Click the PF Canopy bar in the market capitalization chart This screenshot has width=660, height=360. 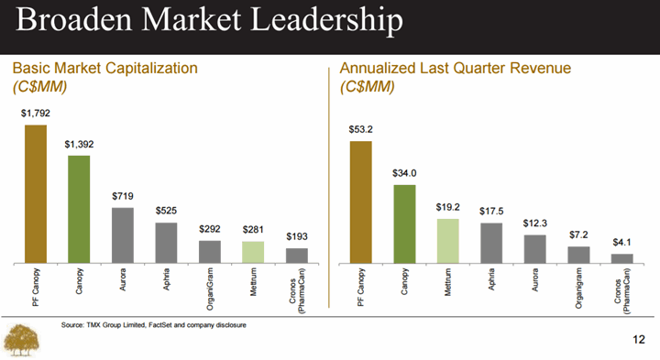[36, 194]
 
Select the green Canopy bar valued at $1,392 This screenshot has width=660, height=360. [79, 210]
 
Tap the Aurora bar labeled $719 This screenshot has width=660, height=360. [123, 235]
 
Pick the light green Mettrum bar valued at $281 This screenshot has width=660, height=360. [253, 252]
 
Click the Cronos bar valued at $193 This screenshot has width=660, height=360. [297, 256]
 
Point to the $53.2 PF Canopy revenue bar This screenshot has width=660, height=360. [361, 202]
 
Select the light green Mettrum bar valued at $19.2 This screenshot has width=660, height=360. [448, 241]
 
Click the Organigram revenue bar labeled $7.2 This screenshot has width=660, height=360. [578, 255]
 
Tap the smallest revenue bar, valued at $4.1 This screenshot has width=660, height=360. [622, 258]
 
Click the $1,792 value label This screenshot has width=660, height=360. [36, 114]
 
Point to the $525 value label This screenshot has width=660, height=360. [166, 211]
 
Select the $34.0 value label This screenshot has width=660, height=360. [404, 173]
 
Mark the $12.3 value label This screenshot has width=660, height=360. [535, 224]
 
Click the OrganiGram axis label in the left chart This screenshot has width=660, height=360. [210, 289]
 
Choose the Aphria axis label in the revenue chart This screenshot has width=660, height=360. [491, 279]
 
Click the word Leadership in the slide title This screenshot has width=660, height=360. [326, 20]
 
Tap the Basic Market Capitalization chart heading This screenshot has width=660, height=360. [105, 68]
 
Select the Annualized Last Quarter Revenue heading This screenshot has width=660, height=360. [456, 68]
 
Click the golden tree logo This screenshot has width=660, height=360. [21, 340]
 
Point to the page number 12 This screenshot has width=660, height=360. [639, 340]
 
